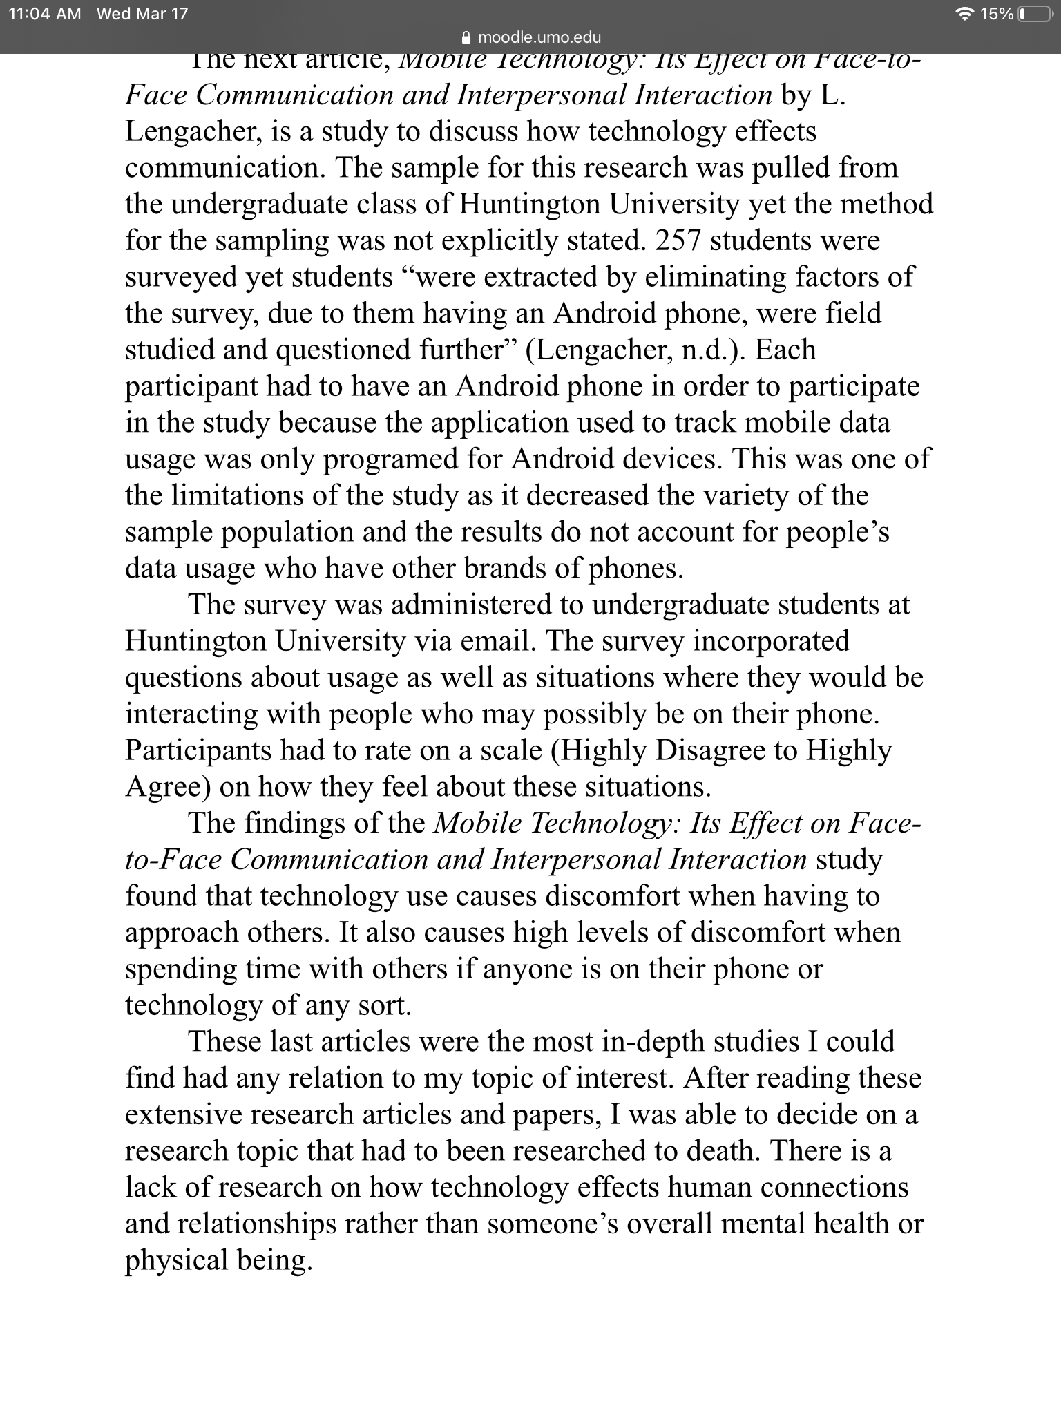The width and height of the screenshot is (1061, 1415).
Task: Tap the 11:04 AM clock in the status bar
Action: (x=45, y=14)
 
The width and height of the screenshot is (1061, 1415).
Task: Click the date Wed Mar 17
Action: (x=142, y=14)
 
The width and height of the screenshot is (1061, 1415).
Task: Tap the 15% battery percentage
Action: (x=997, y=14)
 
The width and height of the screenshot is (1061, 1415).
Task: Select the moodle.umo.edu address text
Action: (x=539, y=37)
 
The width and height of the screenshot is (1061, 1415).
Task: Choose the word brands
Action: (x=506, y=569)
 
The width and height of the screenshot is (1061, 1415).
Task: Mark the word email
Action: (x=496, y=641)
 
